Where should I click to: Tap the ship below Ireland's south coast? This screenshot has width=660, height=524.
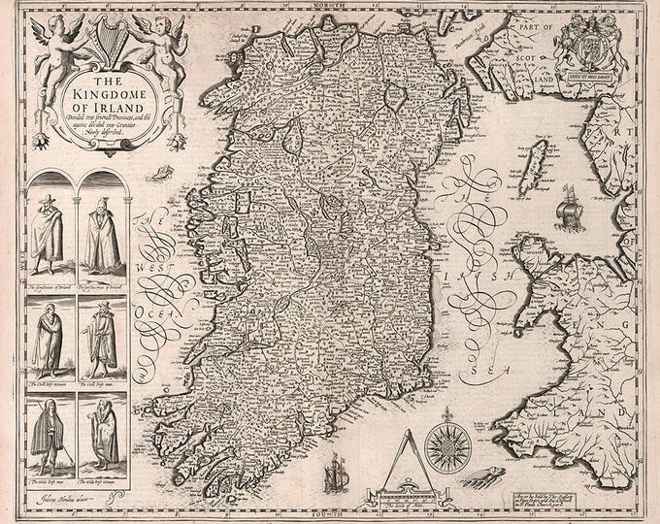pyautogui.click(x=333, y=472)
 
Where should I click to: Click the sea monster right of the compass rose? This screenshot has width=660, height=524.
pyautogui.click(x=478, y=475)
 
